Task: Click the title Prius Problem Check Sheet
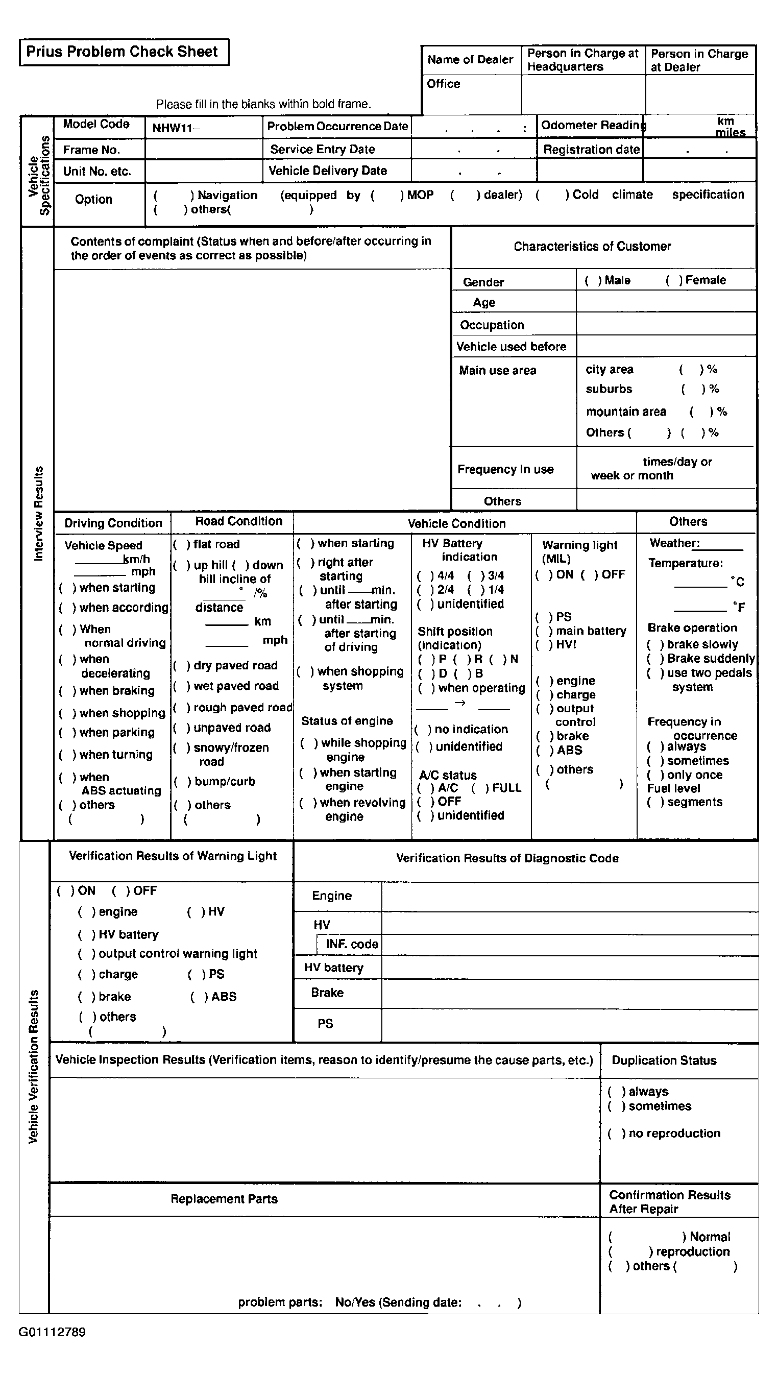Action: (122, 52)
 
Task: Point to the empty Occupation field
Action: (665, 324)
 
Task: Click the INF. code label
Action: (352, 944)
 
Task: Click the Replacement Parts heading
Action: (224, 1199)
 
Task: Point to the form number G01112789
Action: (52, 1332)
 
